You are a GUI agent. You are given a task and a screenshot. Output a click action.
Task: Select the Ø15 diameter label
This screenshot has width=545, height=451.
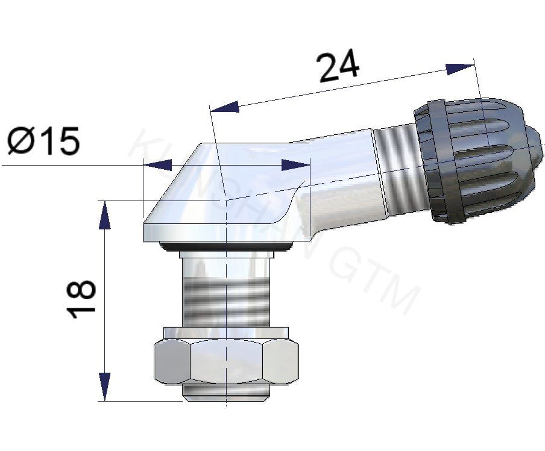(x=43, y=142)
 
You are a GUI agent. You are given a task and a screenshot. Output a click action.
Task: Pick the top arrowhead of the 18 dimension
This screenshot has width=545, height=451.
(x=105, y=214)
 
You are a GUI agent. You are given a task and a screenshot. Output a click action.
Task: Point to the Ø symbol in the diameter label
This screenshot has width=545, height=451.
(x=21, y=142)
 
